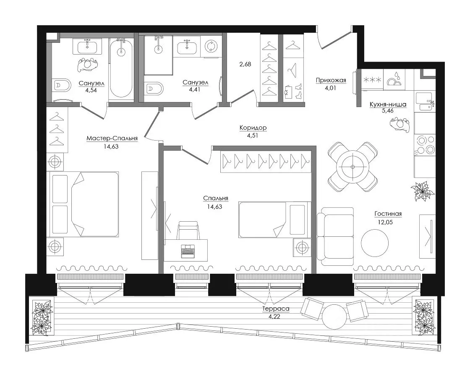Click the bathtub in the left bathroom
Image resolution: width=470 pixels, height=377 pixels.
(120, 68)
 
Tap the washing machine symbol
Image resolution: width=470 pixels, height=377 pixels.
(211, 47)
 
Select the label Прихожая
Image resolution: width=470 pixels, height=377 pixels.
(331, 80)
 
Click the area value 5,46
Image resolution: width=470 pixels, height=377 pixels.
(388, 111)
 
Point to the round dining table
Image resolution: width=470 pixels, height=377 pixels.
(352, 167)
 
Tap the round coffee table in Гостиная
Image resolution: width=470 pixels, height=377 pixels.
(375, 243)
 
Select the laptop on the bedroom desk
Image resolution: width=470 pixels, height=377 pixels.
(188, 251)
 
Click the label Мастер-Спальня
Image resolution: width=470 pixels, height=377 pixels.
(112, 138)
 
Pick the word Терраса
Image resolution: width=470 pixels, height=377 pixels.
(276, 309)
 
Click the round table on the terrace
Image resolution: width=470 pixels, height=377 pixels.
(334, 317)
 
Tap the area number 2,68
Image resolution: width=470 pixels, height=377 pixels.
(245, 64)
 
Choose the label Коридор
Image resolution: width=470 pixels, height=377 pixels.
(253, 128)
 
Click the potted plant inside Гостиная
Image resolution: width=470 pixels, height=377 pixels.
(423, 191)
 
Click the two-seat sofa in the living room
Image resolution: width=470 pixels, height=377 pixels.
(335, 236)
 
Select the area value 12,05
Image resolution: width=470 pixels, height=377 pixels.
(385, 222)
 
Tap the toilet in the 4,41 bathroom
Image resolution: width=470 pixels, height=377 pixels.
(154, 89)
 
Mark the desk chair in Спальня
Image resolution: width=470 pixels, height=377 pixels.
(188, 230)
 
